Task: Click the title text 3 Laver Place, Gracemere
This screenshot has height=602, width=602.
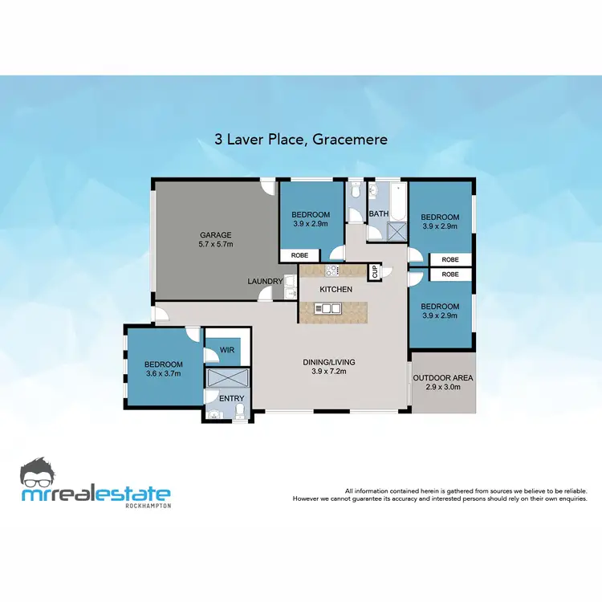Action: [301, 139]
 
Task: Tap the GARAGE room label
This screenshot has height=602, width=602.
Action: [215, 235]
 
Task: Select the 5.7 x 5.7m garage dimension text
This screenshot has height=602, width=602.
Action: [215, 244]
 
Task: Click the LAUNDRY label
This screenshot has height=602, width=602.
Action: [265, 282]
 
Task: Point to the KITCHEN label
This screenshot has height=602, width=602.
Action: [336, 288]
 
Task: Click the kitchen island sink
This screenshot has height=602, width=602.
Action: [327, 307]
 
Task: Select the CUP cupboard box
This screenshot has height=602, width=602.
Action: [375, 272]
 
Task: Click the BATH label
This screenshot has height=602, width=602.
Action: [378, 214]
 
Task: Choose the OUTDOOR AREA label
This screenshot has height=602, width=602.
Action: [442, 378]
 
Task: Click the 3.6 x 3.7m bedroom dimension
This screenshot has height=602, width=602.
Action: [164, 373]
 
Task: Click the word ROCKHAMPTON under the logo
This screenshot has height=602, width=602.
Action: [149, 506]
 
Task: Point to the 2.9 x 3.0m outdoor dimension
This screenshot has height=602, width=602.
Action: [442, 387]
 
